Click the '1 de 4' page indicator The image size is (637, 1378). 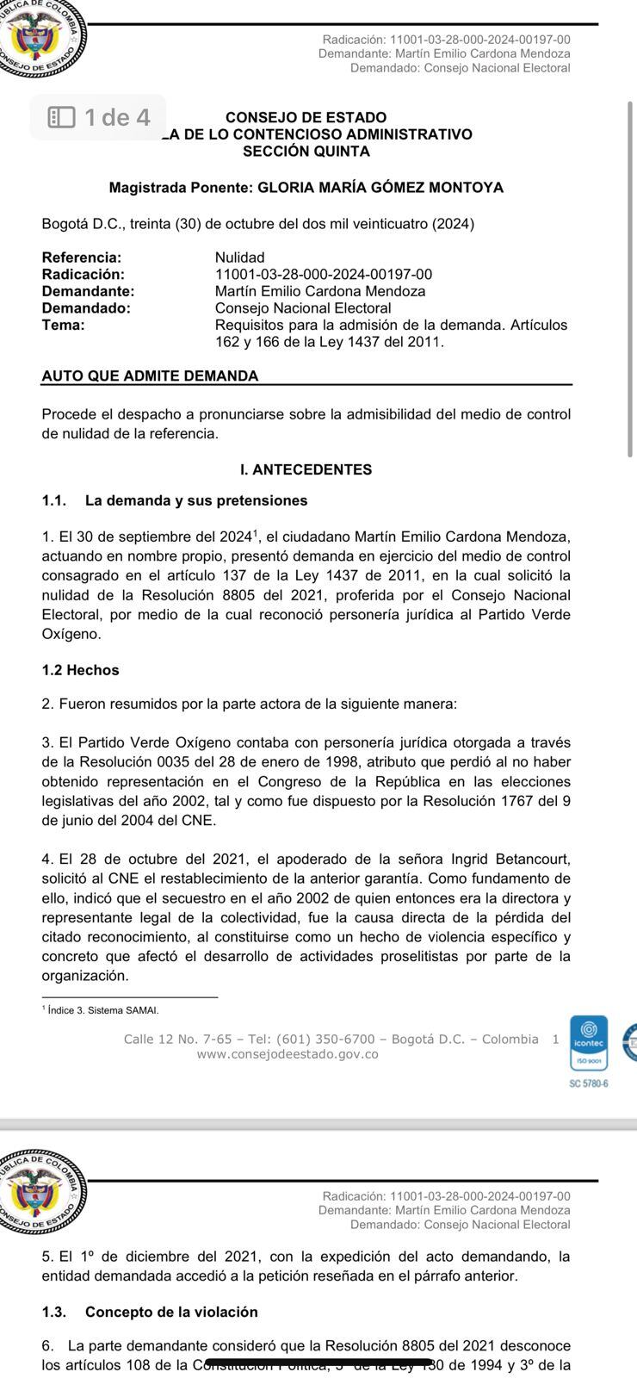point(99,117)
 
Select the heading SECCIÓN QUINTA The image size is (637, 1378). point(306,152)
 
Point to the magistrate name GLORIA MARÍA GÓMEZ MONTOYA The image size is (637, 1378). point(380,188)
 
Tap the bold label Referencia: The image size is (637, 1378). point(82,258)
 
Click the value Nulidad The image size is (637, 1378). point(239,258)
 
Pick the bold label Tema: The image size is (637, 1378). point(63,325)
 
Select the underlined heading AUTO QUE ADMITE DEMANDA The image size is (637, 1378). point(150,376)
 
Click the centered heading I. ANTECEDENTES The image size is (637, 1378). point(306,469)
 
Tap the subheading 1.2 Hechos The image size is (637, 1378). point(80,670)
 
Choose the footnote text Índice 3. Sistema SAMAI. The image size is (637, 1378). point(103,1010)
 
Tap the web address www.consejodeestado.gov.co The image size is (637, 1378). point(288,1054)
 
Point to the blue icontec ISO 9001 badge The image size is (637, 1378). point(589,1043)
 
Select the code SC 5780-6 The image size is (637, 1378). point(589,1083)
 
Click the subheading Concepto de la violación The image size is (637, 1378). point(171,1312)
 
